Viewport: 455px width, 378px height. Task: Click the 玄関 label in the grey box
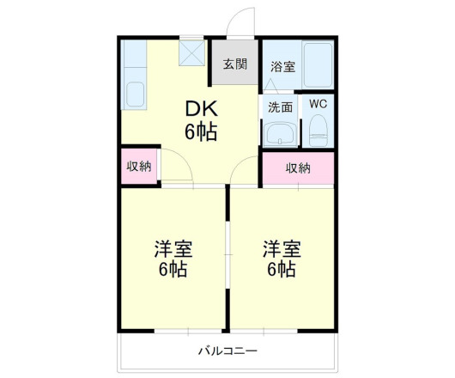tap(234, 64)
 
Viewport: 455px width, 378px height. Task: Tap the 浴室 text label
tap(283, 66)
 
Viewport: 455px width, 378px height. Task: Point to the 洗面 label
tap(280, 107)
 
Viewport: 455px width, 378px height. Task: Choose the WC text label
tap(318, 104)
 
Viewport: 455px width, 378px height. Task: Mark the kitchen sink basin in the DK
tap(134, 91)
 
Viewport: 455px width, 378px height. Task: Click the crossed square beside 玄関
tap(191, 54)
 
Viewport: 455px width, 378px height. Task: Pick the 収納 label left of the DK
tap(139, 166)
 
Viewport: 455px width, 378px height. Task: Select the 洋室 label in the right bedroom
tap(282, 249)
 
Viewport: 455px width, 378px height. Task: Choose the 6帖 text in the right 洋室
tap(282, 270)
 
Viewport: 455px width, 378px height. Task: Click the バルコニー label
tap(227, 351)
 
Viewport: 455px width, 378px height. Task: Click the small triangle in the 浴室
tap(270, 83)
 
